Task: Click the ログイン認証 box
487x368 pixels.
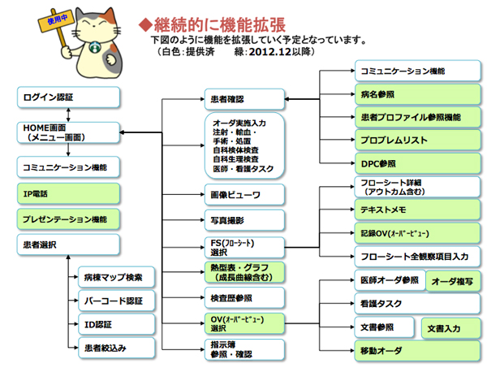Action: [68, 98]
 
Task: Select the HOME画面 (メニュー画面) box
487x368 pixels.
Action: [68, 133]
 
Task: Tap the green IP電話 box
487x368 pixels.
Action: [68, 194]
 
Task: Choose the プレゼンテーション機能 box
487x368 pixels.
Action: [68, 219]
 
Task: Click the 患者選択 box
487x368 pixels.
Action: [68, 245]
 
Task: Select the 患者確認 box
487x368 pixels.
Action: [243, 99]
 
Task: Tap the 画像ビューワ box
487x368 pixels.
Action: [243, 195]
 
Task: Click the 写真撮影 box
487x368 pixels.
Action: [243, 220]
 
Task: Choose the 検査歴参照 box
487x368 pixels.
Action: [243, 297]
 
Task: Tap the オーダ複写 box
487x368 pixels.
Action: [453, 282]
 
